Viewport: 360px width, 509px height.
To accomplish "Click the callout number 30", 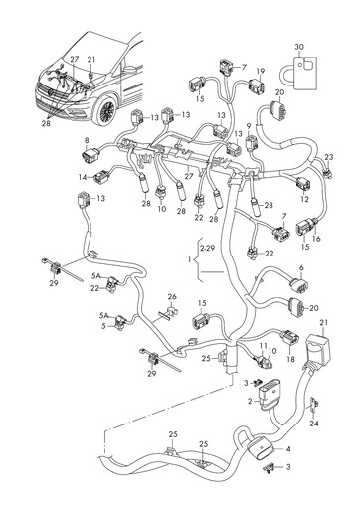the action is (x=299, y=47).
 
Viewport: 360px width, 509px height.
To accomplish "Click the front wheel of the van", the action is (x=106, y=109).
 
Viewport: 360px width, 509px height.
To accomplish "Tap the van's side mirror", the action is (x=130, y=69).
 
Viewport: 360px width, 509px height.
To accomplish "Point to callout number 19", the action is (x=261, y=71).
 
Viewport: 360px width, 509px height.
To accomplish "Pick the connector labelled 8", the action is (x=90, y=156).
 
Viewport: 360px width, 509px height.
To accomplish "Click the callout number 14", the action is (x=83, y=177).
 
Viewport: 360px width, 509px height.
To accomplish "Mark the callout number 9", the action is (x=249, y=125).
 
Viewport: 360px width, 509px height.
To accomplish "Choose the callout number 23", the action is (x=329, y=157).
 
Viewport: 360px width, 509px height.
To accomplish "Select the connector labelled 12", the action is (x=304, y=184).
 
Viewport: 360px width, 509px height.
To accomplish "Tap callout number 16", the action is (x=316, y=238).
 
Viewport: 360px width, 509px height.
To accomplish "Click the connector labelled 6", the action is (x=299, y=286).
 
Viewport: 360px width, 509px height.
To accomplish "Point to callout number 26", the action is (x=172, y=297).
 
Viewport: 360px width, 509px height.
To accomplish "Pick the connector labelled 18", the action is (x=289, y=337).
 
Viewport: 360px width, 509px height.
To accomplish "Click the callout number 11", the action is (x=263, y=346).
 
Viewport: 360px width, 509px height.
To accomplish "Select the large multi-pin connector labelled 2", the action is (x=269, y=395).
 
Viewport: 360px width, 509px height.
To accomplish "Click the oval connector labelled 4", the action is (x=260, y=448).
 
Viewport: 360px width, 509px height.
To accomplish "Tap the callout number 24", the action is (x=314, y=424).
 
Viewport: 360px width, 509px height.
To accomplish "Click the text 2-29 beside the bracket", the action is (x=207, y=248).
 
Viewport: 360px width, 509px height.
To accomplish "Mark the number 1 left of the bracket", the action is (x=190, y=260).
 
